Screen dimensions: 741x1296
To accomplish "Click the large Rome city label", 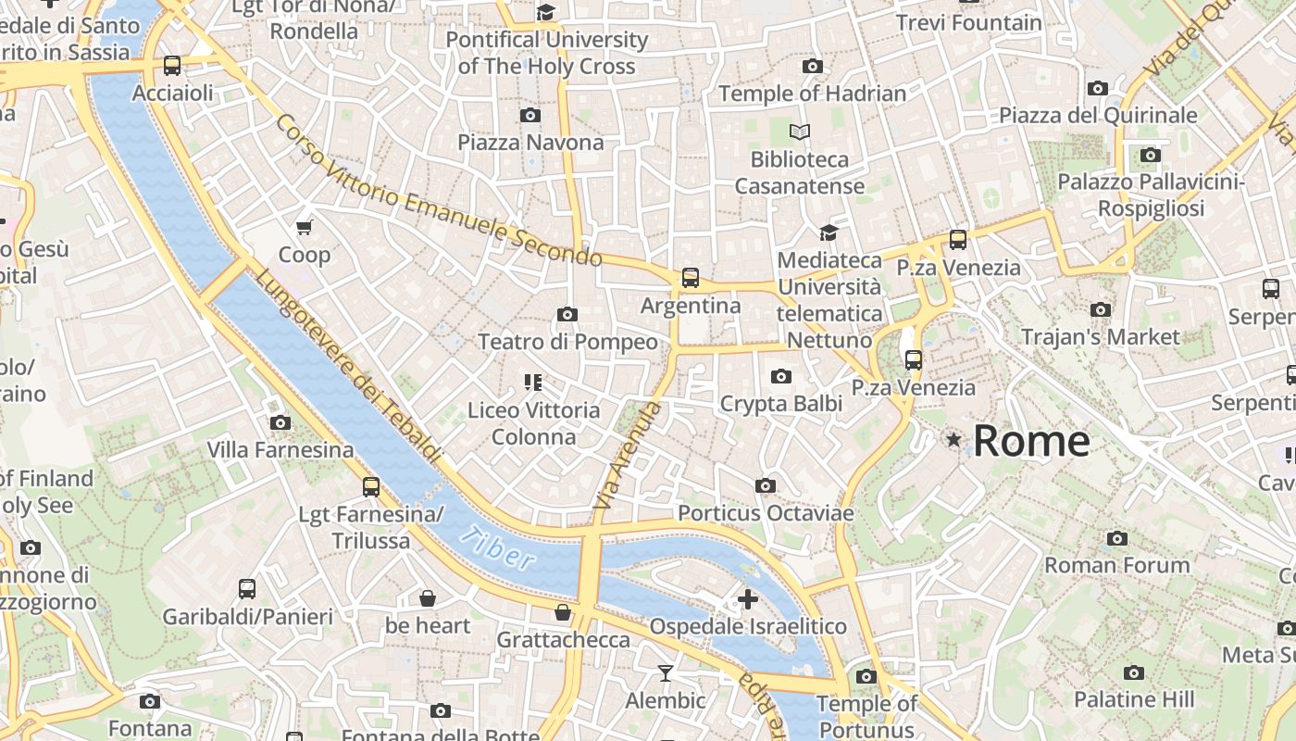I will point(1030,441).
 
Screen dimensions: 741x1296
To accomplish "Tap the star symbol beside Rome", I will point(953,440).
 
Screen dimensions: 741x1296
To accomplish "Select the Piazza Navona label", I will point(530,142).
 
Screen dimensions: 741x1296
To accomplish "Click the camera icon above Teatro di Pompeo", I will point(567,315).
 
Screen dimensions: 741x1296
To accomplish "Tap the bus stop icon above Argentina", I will point(691,277).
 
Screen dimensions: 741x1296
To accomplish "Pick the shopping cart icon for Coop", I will point(305,227).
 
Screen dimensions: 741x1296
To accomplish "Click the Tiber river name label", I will point(499,547).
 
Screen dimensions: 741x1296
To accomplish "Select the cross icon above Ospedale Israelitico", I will point(748,599).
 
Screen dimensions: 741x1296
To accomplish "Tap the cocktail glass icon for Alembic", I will point(665,672).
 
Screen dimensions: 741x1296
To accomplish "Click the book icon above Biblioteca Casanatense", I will point(800,132).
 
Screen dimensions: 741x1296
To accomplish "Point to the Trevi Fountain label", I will point(968,22).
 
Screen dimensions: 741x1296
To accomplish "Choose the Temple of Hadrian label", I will point(812,94).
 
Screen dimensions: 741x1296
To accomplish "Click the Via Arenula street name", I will point(628,456).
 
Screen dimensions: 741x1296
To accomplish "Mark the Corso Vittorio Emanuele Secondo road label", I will point(439,192).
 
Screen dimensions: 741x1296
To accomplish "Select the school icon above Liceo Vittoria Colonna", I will point(532,382).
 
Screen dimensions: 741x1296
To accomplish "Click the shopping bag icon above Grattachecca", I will point(562,612).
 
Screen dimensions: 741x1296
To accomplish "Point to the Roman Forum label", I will point(1116,565).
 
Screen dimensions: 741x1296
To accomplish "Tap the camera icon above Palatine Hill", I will point(1134,672).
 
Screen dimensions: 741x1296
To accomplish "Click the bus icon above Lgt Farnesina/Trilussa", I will point(371,486).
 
